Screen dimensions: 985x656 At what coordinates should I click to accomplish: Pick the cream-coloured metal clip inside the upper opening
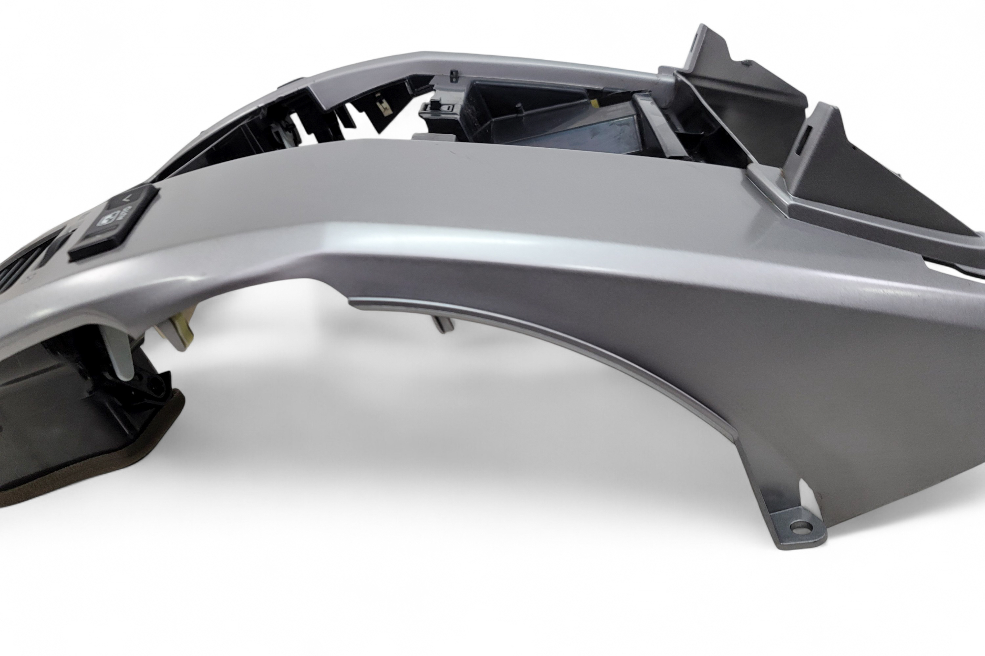coord(383,110)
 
